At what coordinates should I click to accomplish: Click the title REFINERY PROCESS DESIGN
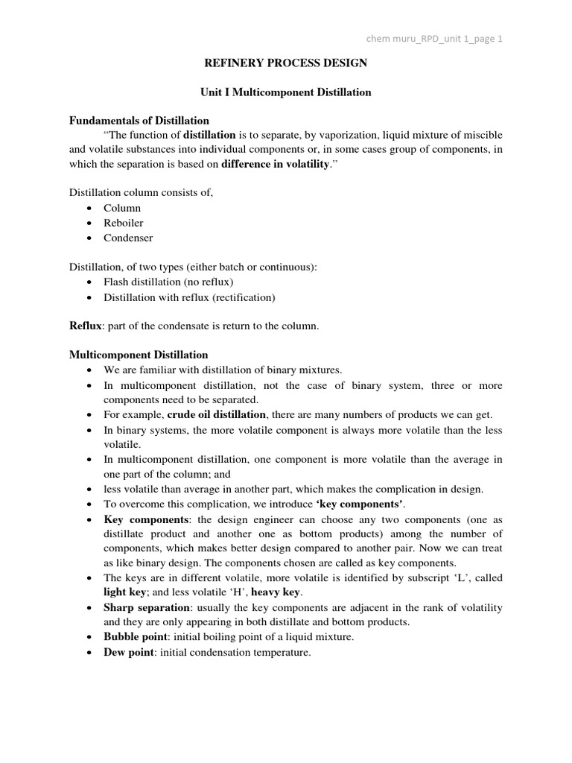point(286,63)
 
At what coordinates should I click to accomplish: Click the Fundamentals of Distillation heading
point(139,120)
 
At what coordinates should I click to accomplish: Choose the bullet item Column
point(122,208)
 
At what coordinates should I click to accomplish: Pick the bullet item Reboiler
point(124,223)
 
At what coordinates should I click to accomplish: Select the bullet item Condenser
point(128,238)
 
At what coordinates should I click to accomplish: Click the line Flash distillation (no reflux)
point(169,282)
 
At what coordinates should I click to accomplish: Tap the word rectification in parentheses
point(242,297)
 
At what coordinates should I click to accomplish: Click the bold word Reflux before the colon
point(84,326)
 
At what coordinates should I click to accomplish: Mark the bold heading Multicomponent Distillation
point(139,355)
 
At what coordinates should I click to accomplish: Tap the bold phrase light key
point(125,593)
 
